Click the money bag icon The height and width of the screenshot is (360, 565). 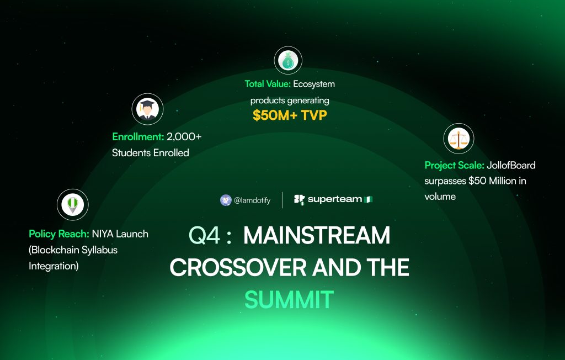click(288, 60)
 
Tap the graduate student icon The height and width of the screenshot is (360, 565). click(147, 109)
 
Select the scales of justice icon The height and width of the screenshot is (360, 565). click(459, 139)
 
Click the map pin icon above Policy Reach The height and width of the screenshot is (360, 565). click(72, 204)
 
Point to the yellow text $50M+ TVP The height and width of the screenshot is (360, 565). click(290, 115)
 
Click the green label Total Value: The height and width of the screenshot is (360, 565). click(268, 84)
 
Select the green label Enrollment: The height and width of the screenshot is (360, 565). click(138, 137)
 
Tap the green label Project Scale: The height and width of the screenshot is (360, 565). click(455, 165)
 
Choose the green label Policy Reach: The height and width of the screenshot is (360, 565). click(58, 234)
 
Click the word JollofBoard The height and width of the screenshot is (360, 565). click(511, 165)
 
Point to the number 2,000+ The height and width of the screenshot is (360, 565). click(184, 137)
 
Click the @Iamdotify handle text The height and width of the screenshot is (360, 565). click(252, 200)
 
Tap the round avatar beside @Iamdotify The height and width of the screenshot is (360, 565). click(226, 200)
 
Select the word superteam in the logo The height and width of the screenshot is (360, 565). click(335, 199)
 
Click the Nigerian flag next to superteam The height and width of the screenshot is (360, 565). click(368, 199)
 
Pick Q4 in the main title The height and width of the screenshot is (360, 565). click(204, 235)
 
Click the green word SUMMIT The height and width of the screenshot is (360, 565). click(289, 300)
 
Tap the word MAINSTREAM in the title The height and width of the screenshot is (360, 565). click(317, 235)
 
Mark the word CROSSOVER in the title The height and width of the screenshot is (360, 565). click(238, 268)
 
